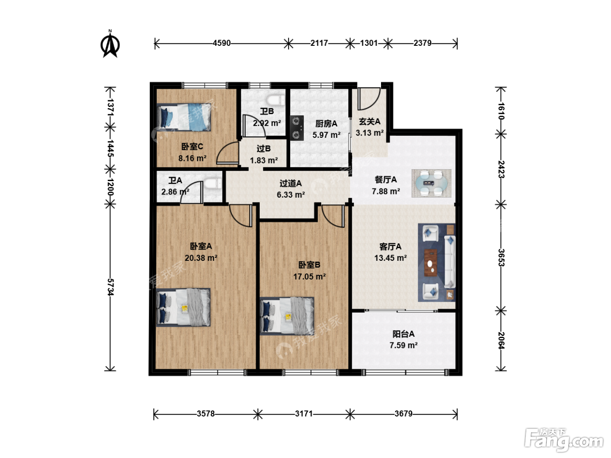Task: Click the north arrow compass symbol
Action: click(110, 44)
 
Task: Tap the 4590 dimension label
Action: click(222, 43)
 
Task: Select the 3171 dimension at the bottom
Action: click(304, 414)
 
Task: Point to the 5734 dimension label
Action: click(110, 287)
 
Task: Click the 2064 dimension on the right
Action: click(501, 340)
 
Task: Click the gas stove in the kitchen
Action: click(297, 128)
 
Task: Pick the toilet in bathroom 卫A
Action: click(213, 184)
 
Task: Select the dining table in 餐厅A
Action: click(432, 183)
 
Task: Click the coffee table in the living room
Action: click(431, 263)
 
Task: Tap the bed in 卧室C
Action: click(183, 117)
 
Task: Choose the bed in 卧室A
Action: click(183, 307)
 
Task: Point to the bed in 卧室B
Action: click(287, 316)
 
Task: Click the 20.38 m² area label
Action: click(201, 258)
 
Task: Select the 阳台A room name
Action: click(403, 334)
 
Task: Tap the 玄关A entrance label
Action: click(369, 121)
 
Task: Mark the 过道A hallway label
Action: click(291, 183)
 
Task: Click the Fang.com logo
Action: click(563, 439)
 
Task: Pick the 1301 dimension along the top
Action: click(368, 43)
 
